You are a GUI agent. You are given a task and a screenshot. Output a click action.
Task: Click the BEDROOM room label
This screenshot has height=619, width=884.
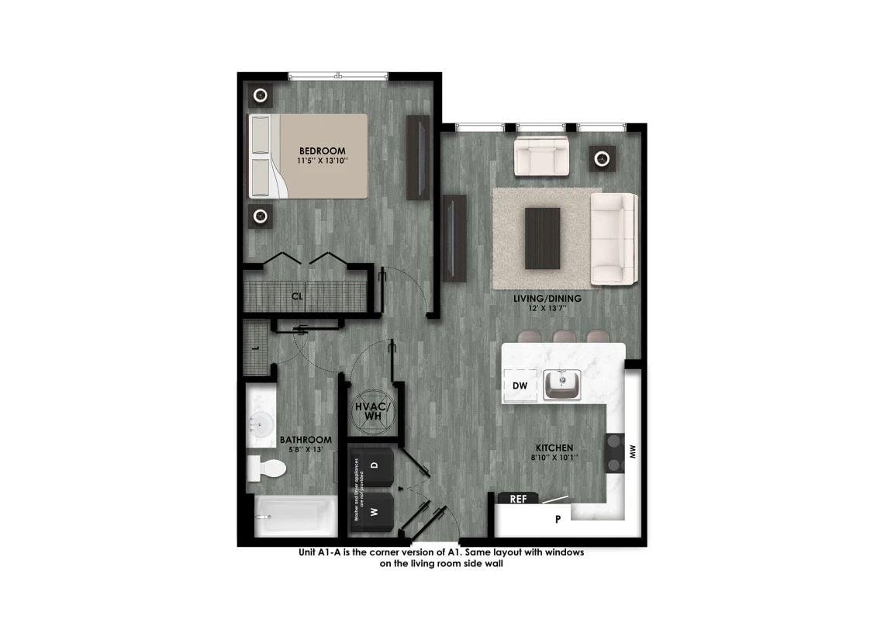(x=323, y=150)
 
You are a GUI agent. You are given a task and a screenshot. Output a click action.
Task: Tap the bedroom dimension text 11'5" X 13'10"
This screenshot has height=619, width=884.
(x=323, y=161)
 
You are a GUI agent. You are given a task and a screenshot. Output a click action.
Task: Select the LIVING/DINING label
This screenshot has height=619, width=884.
(x=547, y=298)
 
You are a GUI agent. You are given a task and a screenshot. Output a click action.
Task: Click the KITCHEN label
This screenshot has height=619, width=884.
(x=554, y=448)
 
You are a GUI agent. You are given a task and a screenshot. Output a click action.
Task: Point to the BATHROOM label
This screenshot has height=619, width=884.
(x=306, y=440)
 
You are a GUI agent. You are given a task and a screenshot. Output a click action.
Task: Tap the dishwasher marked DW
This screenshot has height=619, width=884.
(x=520, y=386)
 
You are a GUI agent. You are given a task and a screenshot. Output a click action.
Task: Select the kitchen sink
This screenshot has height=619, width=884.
(x=561, y=384)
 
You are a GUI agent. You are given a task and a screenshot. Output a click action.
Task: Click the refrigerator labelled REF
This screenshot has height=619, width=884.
(x=519, y=499)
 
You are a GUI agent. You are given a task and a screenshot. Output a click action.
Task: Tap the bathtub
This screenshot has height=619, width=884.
(x=295, y=515)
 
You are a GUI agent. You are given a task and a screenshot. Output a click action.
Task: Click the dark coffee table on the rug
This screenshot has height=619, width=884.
(x=542, y=237)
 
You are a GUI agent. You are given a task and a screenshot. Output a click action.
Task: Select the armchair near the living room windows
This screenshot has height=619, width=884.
(x=541, y=157)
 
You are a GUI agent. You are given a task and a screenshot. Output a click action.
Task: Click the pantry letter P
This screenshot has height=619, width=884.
(x=558, y=520)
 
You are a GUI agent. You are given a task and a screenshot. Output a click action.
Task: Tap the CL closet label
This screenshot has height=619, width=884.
(x=297, y=296)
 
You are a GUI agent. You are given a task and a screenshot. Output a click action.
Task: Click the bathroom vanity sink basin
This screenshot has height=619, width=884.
(x=261, y=423)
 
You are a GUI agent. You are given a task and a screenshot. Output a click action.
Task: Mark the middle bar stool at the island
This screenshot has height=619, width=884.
(x=565, y=337)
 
